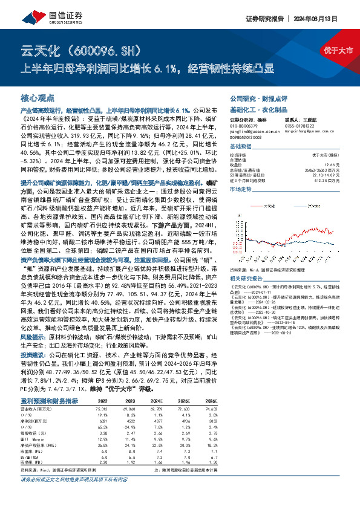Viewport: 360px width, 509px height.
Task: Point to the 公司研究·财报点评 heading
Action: (x=254, y=97)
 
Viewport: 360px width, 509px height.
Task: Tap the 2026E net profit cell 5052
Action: (x=209, y=420)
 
